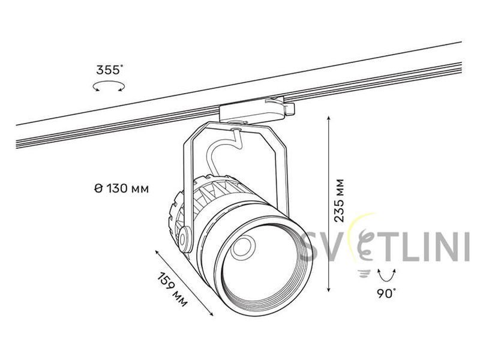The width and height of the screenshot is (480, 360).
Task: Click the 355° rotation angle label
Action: point(109,70)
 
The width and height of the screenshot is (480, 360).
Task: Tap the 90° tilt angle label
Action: point(386,293)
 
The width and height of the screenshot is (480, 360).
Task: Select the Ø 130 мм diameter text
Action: point(122,188)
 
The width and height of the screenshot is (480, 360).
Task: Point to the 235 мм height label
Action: point(339,200)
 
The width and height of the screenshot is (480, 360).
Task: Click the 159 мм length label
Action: point(172,289)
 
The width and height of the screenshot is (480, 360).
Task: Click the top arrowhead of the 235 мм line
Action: point(329,118)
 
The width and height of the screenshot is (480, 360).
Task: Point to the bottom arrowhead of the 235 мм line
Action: point(329,289)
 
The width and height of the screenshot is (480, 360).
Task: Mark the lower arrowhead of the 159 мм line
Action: point(211,313)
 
